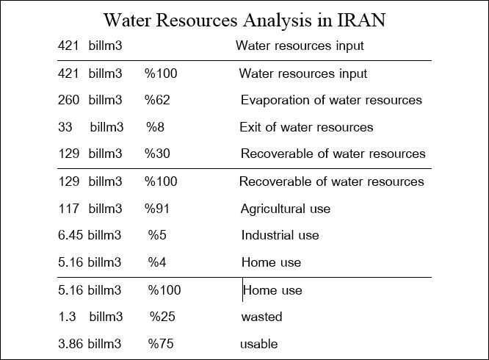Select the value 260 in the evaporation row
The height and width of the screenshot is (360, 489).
point(68,100)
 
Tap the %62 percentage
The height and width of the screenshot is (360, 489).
point(157,100)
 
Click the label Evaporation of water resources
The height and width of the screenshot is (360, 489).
point(331,100)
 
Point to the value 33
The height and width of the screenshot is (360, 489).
point(65,127)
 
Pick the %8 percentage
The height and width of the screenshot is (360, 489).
point(155,127)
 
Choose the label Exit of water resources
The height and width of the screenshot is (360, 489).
point(306,127)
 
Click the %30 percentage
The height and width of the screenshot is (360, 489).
point(157,154)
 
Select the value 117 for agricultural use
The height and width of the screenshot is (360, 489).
point(68,209)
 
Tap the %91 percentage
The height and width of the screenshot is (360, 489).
point(157,209)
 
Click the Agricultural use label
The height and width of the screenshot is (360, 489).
point(286,209)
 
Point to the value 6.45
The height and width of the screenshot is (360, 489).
point(71,235)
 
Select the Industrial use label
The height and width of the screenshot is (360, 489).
point(280,235)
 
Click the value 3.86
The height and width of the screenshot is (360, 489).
point(71,343)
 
